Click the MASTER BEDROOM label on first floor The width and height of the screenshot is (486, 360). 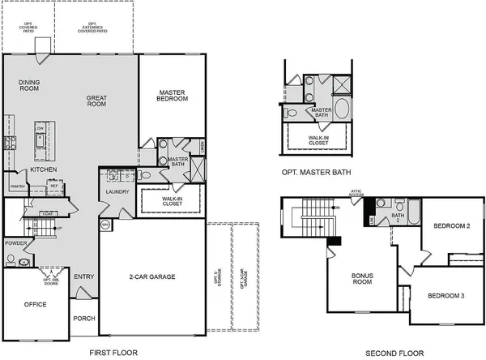click(x=173, y=94)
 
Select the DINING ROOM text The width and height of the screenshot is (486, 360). click(x=29, y=85)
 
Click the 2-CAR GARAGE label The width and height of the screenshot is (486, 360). click(x=152, y=276)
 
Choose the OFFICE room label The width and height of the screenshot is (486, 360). click(x=34, y=305)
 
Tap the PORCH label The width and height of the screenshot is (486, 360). click(x=84, y=318)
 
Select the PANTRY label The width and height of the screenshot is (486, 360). click(x=18, y=186)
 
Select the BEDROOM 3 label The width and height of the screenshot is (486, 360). click(x=447, y=295)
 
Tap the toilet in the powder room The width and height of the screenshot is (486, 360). click(x=11, y=260)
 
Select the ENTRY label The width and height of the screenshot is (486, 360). click(x=83, y=276)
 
